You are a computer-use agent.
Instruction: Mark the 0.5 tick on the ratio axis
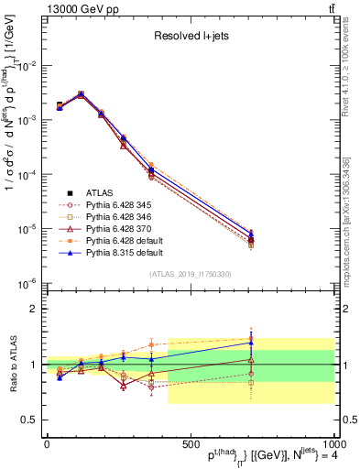click(x=27, y=420)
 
